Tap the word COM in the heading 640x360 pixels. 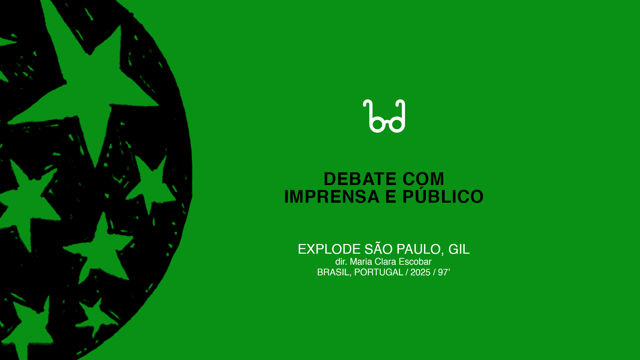tap(423, 179)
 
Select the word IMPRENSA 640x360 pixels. tap(332, 197)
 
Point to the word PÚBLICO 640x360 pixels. tap(443, 196)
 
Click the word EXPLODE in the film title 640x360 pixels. tap(329, 249)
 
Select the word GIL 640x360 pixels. tap(459, 249)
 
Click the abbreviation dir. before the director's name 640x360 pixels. tap(341, 262)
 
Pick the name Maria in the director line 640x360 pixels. tap(361, 262)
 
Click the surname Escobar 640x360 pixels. tap(415, 262)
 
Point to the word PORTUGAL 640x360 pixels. tap(379, 272)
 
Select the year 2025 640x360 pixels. tap(420, 272)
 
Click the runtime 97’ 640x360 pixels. tap(444, 272)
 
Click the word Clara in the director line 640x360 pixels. tap(385, 262)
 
